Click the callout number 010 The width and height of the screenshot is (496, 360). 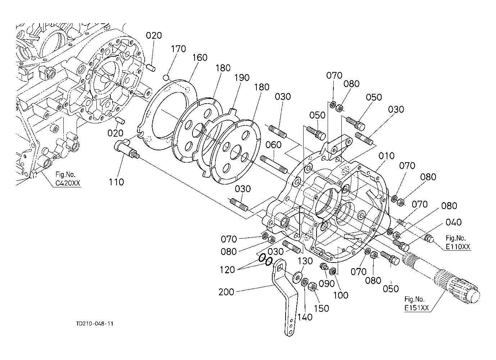pos(387,156)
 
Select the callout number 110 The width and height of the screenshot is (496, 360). pos(116,182)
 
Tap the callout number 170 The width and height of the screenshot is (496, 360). pos(178,49)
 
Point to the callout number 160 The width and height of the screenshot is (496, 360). pos(200,58)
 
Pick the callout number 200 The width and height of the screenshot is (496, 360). pos(226,292)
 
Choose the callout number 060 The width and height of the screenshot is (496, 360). pos(273,145)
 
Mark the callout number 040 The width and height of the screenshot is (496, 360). pos(454,222)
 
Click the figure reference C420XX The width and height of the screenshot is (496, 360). pos(68,183)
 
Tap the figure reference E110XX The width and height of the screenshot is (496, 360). pos(458,247)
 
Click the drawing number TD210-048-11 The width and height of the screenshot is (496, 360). pos(95,324)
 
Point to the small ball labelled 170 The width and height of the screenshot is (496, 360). pos(165,77)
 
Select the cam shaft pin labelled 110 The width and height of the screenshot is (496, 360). pos(126,149)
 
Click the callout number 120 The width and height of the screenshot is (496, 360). pos(227,269)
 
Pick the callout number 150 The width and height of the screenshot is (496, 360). pos(321,308)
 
